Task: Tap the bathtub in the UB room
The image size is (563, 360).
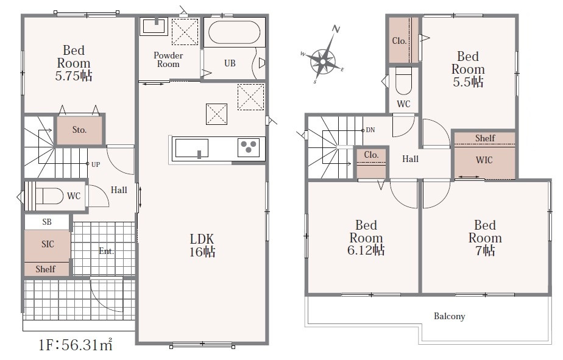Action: tap(235, 32)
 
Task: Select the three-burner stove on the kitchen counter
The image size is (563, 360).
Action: tap(249, 147)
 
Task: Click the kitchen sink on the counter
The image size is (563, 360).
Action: tap(191, 148)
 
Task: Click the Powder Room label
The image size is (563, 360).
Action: tap(168, 60)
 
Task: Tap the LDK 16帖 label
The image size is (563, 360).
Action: tap(202, 245)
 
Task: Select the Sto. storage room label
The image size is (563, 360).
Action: tap(79, 130)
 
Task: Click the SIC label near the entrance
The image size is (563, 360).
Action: tap(48, 244)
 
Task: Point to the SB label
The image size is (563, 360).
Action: tap(47, 222)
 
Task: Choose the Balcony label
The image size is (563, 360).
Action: tap(449, 316)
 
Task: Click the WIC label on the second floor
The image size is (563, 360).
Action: tap(484, 160)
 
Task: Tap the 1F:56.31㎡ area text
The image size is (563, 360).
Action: tap(76, 345)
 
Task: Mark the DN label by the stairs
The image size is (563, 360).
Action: tap(370, 130)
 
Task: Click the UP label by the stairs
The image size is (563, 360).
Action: tap(96, 164)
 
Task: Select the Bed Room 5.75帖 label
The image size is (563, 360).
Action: tap(74, 63)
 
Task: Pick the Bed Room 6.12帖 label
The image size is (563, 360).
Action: tap(366, 238)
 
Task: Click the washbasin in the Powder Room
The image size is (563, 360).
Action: tap(154, 26)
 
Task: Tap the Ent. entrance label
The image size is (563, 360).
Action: tap(106, 251)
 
